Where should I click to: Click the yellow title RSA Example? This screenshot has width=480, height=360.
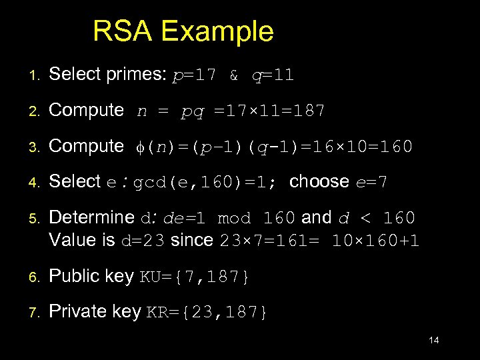[183, 31]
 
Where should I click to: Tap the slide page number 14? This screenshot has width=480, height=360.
[433, 341]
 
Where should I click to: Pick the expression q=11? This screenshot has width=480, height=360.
[272, 75]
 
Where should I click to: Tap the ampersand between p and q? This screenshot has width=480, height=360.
[234, 75]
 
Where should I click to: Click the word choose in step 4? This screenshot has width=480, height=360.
[319, 181]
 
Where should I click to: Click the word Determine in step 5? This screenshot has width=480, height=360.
[92, 218]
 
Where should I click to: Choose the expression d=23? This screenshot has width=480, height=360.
[143, 240]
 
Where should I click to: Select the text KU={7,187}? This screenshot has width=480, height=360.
[193, 277]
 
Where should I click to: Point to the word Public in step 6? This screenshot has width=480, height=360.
[72, 276]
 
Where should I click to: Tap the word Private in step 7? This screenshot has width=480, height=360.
[75, 311]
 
